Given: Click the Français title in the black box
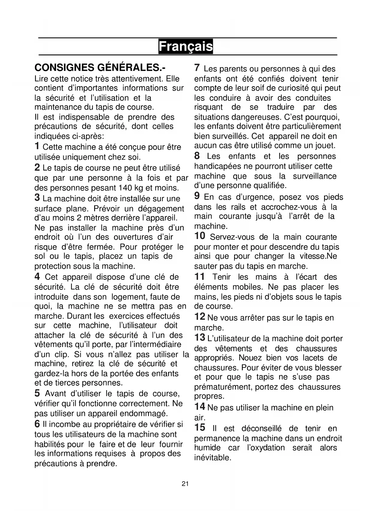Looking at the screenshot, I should pos(186,46).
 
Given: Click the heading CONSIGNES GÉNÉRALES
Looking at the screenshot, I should pos(100,67).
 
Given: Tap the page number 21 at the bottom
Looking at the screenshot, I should pos(185,483).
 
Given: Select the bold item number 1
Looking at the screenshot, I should pos(37,146).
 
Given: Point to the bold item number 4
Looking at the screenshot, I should pos(37,276).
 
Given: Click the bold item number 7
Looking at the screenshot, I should pos(197,68).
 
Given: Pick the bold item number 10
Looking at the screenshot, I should pos(200,236).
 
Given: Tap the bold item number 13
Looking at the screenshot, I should pos(200,338).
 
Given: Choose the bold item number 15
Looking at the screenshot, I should pos(200,427).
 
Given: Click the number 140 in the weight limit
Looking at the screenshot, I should pos(126,188).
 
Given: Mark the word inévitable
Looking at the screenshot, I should pos(213,458).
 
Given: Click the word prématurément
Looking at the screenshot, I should pos(223,387).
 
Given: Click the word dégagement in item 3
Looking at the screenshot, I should pos(161,209).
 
